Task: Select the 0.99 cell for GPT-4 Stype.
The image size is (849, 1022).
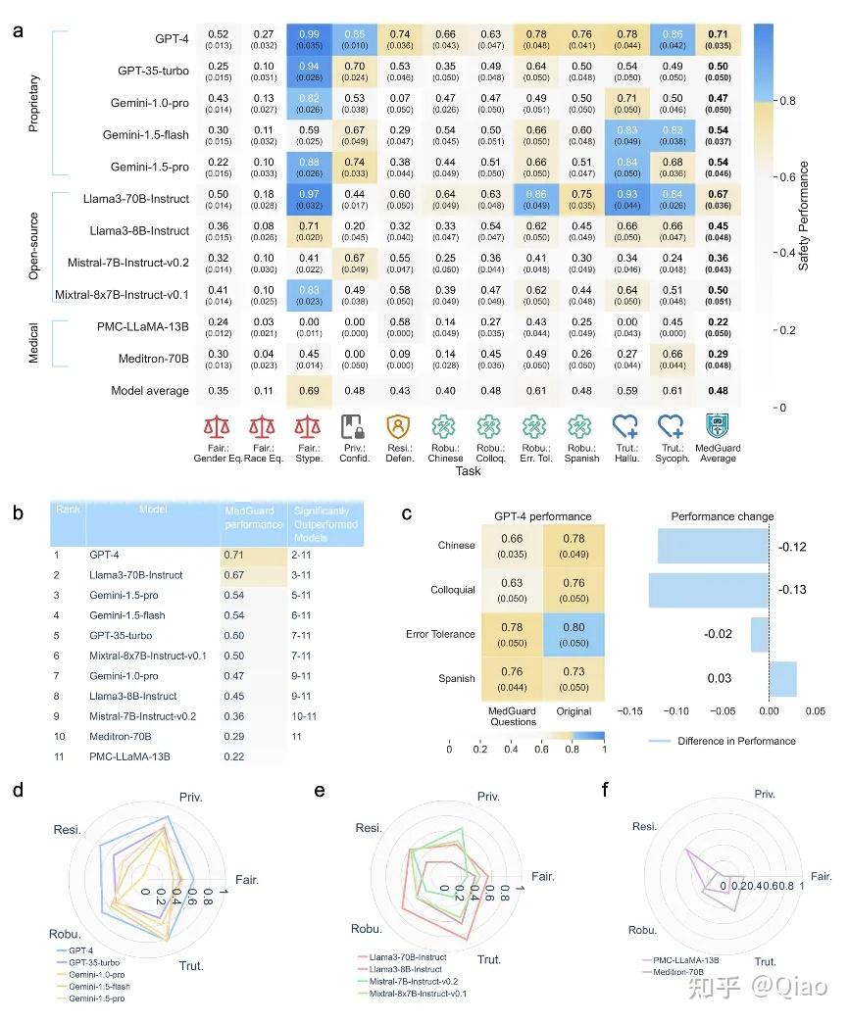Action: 309,40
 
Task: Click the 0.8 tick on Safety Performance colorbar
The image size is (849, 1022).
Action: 785,100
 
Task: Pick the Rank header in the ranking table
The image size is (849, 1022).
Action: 67,509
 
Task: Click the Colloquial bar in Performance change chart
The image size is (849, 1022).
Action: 708,590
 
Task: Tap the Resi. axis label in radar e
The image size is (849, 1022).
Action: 370,828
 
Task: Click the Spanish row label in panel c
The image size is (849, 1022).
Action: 456,678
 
